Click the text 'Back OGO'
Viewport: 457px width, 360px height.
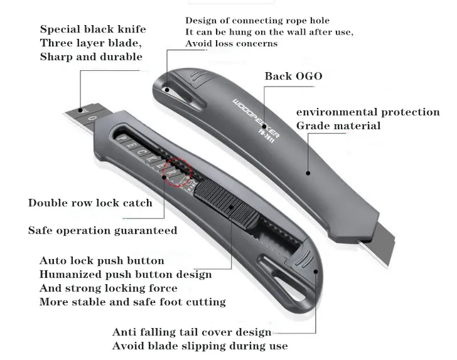[x=293, y=76]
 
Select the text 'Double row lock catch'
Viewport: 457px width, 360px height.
[x=90, y=203]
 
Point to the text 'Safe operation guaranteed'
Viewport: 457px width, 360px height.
[x=102, y=230]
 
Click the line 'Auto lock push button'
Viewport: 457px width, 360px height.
[x=102, y=260]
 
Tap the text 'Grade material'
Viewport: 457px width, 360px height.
[x=338, y=125]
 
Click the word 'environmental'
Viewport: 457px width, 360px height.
[x=333, y=112]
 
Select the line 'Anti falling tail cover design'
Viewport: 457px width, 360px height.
[x=191, y=332]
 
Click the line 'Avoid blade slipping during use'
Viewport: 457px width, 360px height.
[x=200, y=346]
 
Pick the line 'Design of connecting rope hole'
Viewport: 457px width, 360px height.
[x=257, y=21]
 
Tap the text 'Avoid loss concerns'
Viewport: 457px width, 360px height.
[x=231, y=43]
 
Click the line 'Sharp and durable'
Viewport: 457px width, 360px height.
[x=91, y=57]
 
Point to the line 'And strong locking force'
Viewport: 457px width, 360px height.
[x=108, y=288]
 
